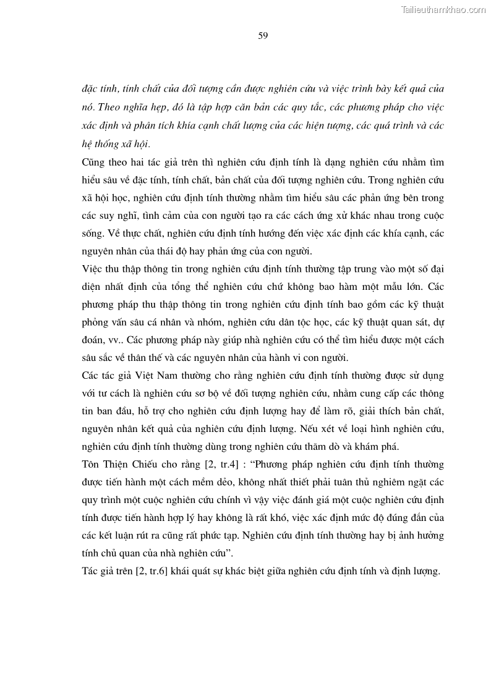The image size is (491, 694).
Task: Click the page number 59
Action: tap(263, 35)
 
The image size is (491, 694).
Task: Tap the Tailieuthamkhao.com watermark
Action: tap(443, 9)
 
